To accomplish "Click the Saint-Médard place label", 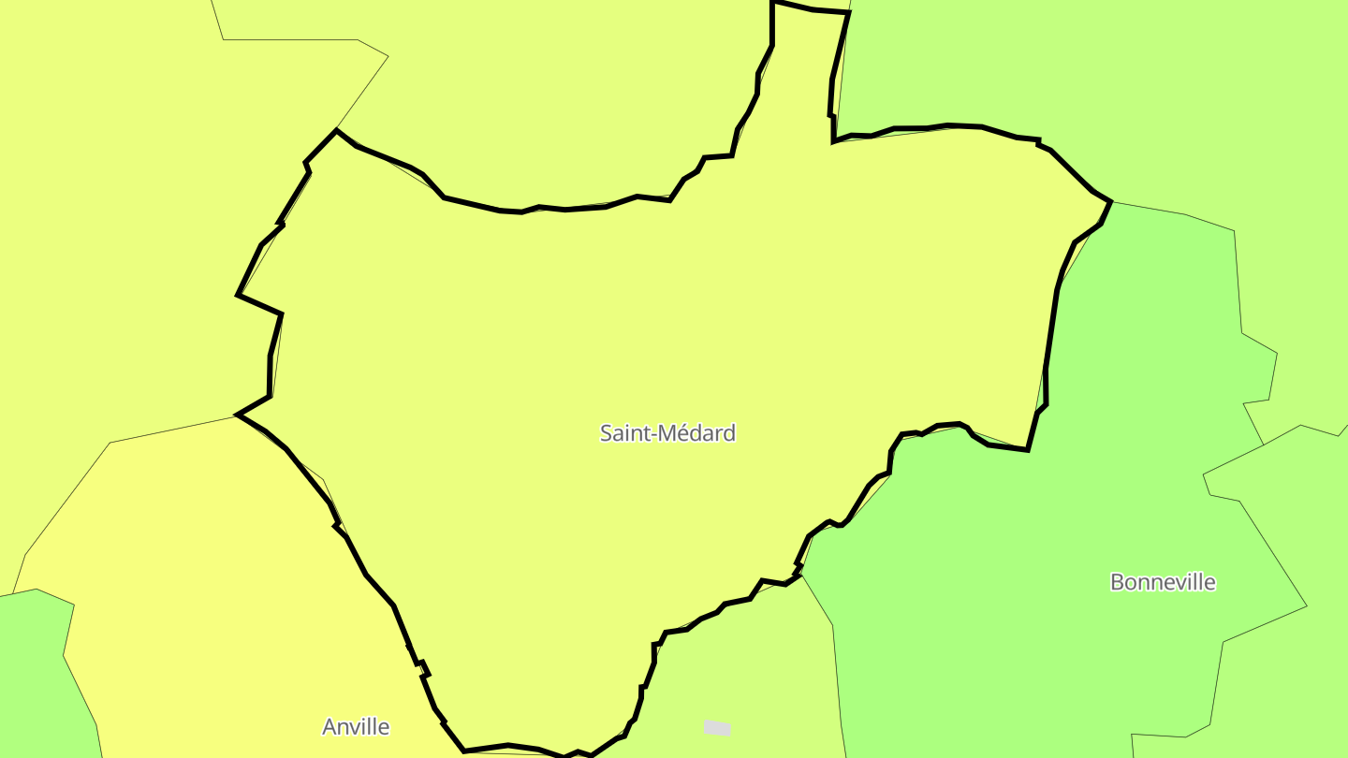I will [667, 433].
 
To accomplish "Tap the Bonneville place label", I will [1163, 582].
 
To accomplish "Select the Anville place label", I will [356, 727].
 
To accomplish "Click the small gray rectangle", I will [717, 728].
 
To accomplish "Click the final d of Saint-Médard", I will [729, 433].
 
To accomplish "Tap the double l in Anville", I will [373, 727].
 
